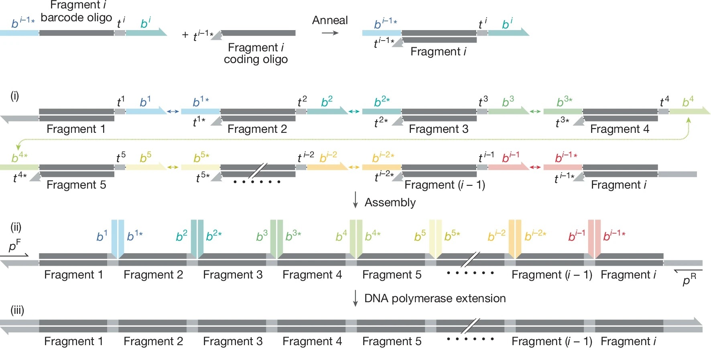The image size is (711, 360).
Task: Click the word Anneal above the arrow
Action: [330, 20]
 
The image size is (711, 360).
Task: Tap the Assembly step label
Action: [390, 202]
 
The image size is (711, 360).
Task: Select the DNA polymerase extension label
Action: [435, 298]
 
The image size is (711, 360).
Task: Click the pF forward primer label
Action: [15, 245]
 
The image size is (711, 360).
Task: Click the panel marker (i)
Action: [15, 96]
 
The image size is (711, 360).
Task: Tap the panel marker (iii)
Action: [17, 310]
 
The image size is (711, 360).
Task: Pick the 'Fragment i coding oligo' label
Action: [256, 53]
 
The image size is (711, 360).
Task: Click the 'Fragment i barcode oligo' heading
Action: [76, 12]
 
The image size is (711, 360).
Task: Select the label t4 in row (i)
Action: [664, 102]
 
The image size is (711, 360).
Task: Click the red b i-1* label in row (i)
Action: [566, 158]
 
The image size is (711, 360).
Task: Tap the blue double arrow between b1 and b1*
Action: [173, 112]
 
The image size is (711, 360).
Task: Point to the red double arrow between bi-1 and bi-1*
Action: [536, 167]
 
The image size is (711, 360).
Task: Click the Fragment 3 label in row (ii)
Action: [233, 275]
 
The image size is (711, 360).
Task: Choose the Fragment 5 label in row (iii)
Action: [392, 341]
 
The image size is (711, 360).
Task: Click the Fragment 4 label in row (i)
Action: [620, 129]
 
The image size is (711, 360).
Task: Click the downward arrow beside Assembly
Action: [355, 200]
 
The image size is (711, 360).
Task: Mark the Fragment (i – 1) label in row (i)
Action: [445, 185]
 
